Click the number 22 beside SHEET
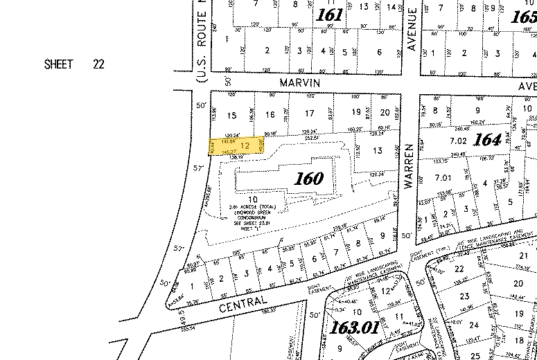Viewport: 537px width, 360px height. [x=98, y=64]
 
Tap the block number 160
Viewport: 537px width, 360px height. [x=308, y=178]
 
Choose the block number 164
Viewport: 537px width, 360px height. [x=487, y=139]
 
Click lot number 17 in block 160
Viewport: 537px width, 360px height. [x=310, y=113]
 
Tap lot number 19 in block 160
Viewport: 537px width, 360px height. [x=356, y=112]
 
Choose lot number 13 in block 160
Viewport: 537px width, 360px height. [x=377, y=150]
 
